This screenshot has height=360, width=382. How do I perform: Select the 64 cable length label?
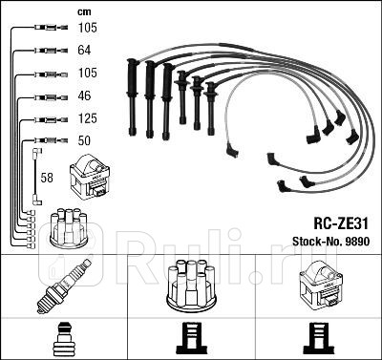click(83, 49)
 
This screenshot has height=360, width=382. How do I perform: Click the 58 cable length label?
click(48, 177)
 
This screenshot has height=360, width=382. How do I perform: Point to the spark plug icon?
click(64, 281)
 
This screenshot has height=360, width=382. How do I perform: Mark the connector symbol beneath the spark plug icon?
click(64, 338)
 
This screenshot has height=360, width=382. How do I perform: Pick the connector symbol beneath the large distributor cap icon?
click(191, 337)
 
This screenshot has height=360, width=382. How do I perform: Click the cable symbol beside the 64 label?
click(44, 49)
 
